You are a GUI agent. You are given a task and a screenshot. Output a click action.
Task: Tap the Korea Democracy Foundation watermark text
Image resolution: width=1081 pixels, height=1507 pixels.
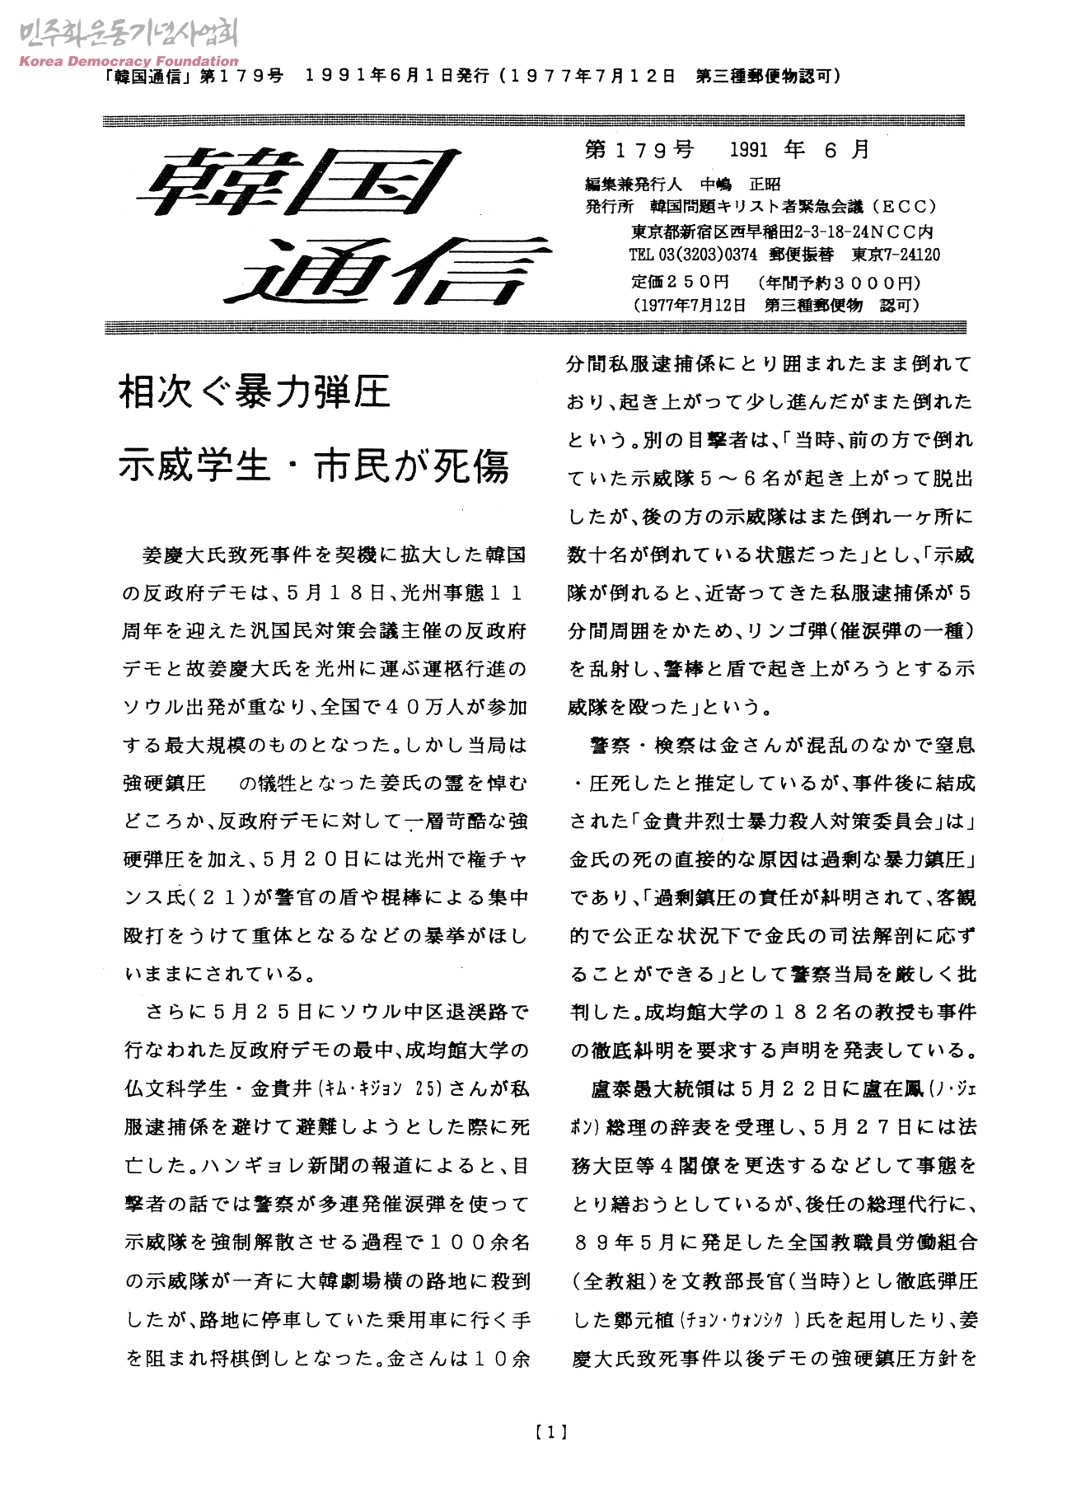pyautogui.click(x=128, y=61)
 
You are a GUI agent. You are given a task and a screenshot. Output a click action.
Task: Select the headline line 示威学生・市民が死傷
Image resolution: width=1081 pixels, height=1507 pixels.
pyautogui.click(x=314, y=466)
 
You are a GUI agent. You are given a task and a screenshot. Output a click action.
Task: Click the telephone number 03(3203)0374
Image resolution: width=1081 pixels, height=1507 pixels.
pyautogui.click(x=706, y=255)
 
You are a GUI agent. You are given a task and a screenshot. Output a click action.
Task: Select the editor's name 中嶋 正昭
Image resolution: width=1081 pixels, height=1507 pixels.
pyautogui.click(x=740, y=184)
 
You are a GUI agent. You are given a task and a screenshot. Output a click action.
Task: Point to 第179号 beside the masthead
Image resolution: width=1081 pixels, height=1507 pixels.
pyautogui.click(x=639, y=150)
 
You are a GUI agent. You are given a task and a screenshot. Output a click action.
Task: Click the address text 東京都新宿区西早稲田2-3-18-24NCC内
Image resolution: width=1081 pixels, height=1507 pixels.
pyautogui.click(x=782, y=232)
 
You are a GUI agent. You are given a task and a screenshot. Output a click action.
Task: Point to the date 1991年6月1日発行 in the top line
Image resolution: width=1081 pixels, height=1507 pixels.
pyautogui.click(x=397, y=77)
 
